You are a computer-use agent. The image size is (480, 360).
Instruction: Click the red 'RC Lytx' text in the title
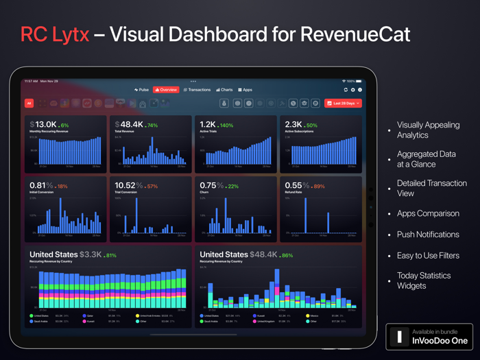point(55,34)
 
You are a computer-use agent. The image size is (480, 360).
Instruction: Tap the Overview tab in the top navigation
point(166,90)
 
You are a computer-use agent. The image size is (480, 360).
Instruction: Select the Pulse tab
point(142,90)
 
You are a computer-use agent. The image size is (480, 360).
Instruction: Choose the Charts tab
point(224,90)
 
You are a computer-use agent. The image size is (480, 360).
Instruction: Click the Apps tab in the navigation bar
point(245,90)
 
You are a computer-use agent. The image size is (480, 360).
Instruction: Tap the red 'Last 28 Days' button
point(343,104)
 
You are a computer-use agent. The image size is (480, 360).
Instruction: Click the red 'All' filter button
point(29,104)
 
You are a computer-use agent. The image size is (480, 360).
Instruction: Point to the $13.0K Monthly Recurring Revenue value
point(43,125)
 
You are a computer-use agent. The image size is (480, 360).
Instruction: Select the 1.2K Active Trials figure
point(208,125)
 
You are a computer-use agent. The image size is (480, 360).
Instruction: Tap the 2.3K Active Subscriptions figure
point(293,125)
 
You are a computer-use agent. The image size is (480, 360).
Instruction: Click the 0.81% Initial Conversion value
point(42,185)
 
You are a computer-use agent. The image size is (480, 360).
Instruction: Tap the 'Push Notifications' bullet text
point(428,235)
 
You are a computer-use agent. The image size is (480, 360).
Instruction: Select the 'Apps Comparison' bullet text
point(428,213)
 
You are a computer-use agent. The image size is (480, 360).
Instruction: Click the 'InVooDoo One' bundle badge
point(429,337)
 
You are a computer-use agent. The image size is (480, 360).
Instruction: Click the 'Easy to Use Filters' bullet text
point(428,255)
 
